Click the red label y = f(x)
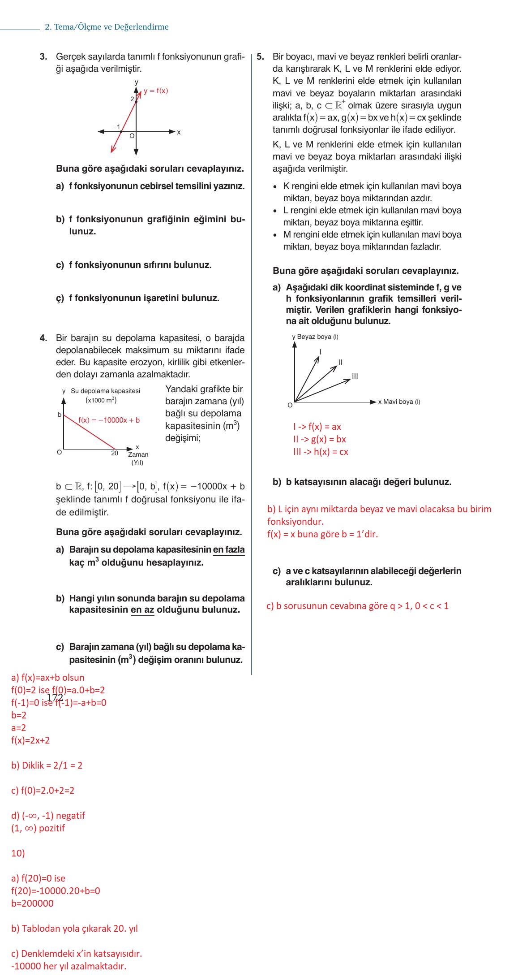(155, 91)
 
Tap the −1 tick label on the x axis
(116, 127)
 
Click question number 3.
(43, 57)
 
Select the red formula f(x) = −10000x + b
(109, 420)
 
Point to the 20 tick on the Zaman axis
(115, 453)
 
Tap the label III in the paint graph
(355, 376)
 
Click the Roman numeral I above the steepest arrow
(320, 352)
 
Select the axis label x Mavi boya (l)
(399, 402)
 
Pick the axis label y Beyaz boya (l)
(315, 337)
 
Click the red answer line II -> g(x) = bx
(319, 439)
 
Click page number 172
(55, 697)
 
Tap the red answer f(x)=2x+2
(30, 740)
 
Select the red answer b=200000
(32, 903)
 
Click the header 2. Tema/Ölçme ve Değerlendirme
(107, 27)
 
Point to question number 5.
(261, 57)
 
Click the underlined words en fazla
(229, 549)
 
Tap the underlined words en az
(142, 610)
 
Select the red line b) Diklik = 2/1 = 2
(47, 765)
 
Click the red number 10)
(18, 853)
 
